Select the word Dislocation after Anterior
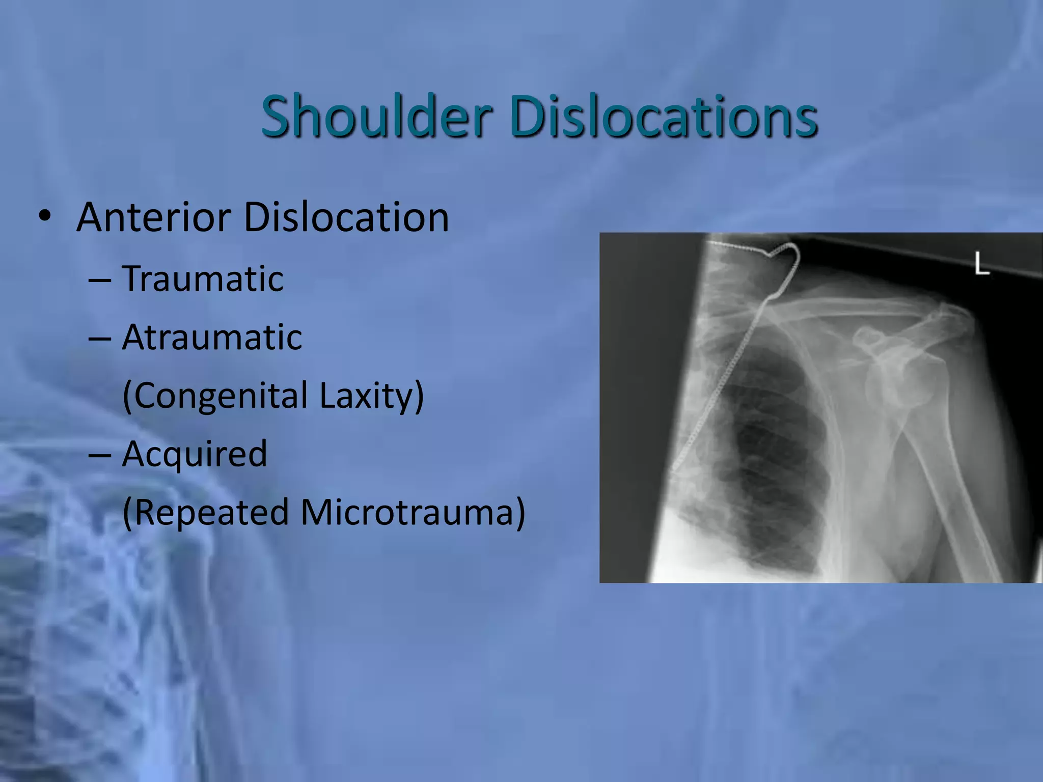pyautogui.click(x=346, y=217)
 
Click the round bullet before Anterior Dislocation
pyautogui.click(x=45, y=216)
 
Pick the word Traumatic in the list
pyautogui.click(x=203, y=278)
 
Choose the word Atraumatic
pyautogui.click(x=212, y=337)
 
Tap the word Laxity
pyautogui.click(x=371, y=396)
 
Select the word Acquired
pyautogui.click(x=195, y=453)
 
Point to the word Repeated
pyautogui.click(x=206, y=512)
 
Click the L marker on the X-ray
pyautogui.click(x=981, y=264)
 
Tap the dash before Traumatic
pyautogui.click(x=100, y=280)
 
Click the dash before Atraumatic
pyautogui.click(x=100, y=338)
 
